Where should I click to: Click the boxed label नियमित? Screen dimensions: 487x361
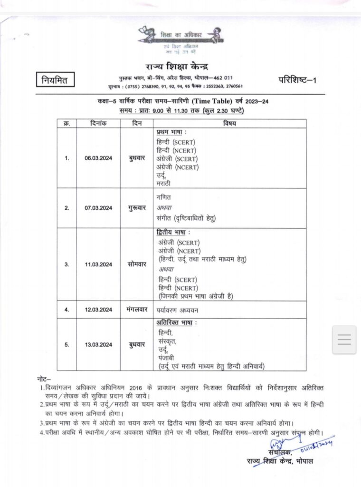pos(55,80)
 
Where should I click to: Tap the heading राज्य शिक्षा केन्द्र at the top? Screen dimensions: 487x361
pos(176,66)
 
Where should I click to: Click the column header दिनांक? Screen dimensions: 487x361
pos(98,124)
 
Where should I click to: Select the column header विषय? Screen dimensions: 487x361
pos(230,124)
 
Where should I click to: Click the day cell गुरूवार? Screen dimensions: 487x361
pos(136,208)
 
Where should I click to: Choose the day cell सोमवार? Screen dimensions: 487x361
pos(136,264)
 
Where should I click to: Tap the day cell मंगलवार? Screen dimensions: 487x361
pos(136,310)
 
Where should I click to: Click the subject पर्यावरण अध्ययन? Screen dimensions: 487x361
pos(178,310)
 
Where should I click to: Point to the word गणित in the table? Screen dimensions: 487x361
pos(163,197)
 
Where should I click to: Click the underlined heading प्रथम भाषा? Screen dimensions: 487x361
pos(171,132)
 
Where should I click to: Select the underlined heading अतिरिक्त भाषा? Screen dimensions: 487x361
pos(176,323)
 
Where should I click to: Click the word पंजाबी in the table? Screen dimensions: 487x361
pos(166,357)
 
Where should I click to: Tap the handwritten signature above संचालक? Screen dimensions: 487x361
pos(285,445)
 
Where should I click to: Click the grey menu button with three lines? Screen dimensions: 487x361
pos(344,340)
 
